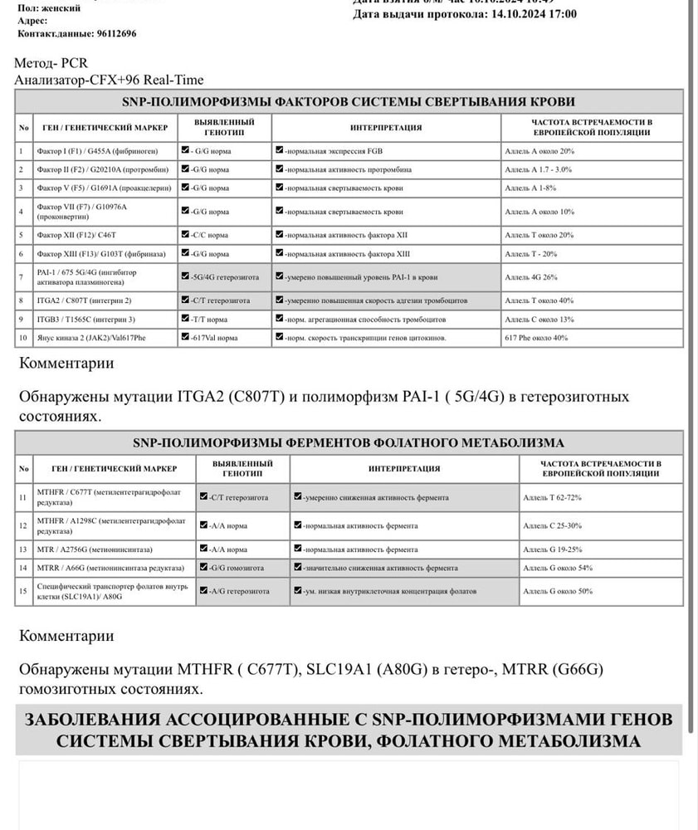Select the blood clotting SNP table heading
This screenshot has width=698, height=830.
pos(349,101)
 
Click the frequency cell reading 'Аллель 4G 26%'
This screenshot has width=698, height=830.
pos(531,276)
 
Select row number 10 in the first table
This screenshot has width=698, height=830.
pos(23,338)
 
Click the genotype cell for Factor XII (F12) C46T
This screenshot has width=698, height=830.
pos(224,235)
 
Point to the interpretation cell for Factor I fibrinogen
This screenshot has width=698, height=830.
pos(387,151)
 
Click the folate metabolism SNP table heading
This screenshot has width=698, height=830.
pos(349,442)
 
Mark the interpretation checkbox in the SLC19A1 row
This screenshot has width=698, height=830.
pos(297,591)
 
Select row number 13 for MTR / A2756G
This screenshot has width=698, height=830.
pos(23,549)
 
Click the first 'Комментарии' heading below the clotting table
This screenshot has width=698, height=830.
pos(66,363)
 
